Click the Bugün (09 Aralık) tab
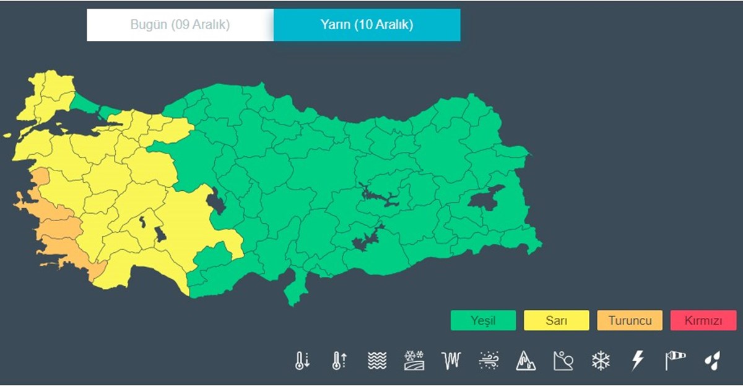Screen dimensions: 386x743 point(180,25)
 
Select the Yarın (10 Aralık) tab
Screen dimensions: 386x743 point(367,25)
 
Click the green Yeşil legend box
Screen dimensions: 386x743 point(483,320)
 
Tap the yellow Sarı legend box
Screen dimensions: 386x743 point(556,320)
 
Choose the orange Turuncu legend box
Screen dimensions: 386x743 point(630,320)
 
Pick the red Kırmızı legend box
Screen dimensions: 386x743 point(703,320)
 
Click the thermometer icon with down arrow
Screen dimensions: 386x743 point(302,360)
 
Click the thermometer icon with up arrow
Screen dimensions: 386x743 point(339,360)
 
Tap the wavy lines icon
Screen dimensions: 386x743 point(376,360)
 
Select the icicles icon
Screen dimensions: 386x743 point(451,360)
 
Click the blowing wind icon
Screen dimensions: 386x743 point(489,360)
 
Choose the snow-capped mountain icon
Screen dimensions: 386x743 point(526,360)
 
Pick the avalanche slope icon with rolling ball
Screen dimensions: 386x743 point(563,360)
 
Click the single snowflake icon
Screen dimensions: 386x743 point(601,360)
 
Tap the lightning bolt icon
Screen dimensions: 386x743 point(638,360)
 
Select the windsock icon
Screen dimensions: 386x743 point(676,360)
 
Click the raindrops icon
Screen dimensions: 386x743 point(712,360)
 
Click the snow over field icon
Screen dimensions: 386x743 point(414,360)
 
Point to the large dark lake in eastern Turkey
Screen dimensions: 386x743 point(487,198)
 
